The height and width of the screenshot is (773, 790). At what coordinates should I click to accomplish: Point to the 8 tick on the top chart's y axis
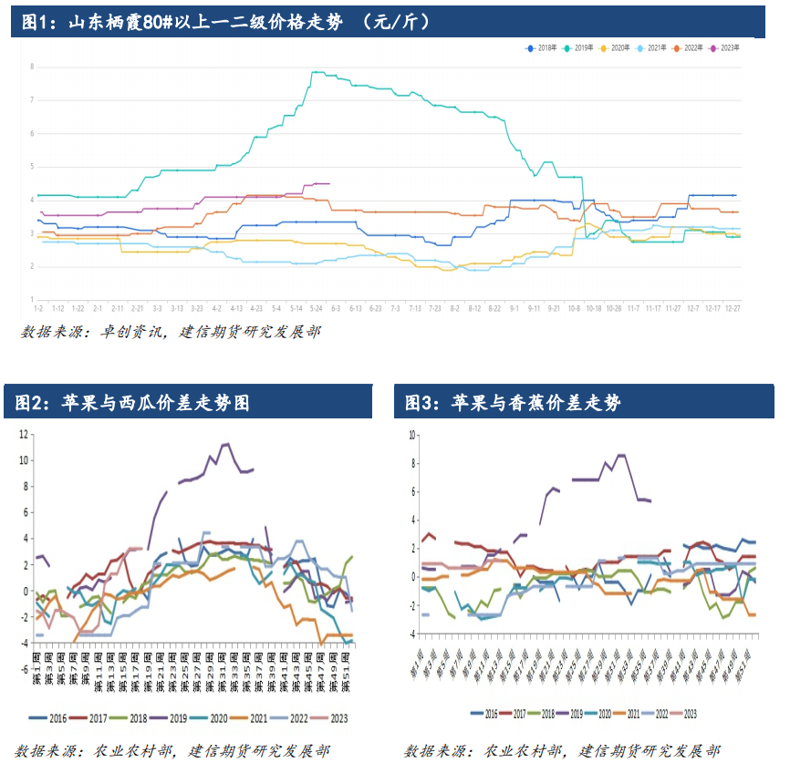pos(32,67)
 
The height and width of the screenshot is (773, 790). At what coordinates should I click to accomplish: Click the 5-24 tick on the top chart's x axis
pos(317,309)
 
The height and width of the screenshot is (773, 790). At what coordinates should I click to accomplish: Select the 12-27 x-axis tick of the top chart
pos(733,309)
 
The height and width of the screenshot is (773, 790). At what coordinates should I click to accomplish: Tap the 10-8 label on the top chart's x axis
pos(574,309)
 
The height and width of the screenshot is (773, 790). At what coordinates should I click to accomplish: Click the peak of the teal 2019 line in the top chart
pos(316,72)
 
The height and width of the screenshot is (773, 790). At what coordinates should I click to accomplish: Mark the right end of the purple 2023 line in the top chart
pos(328,183)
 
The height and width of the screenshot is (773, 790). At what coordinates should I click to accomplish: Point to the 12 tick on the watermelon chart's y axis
pos(24,434)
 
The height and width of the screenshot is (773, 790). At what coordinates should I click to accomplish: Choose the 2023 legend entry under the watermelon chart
pos(332,718)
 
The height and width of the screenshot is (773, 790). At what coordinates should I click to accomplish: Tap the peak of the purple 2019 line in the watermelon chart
pos(226,444)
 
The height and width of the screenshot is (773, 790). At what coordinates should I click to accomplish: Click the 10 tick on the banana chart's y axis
pos(411,435)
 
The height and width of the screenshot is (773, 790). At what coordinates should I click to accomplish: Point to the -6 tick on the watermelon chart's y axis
pos(24,668)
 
